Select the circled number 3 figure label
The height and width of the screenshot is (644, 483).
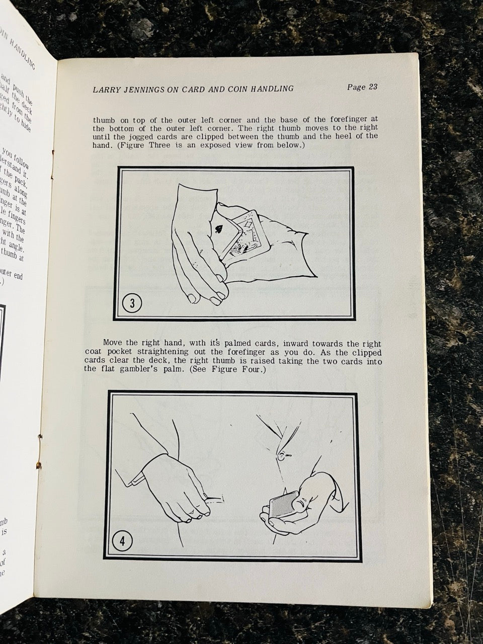coord(132,303)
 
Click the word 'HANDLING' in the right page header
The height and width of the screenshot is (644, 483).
coord(271,89)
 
